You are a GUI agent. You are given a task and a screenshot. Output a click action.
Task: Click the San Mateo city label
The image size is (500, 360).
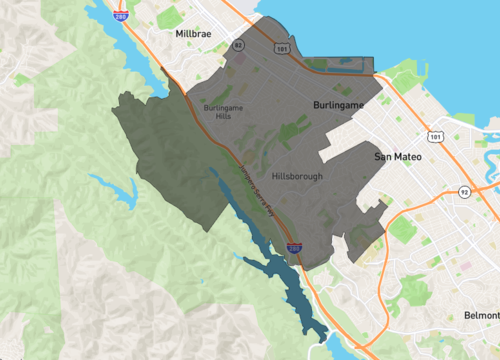pyautogui.click(x=399, y=157)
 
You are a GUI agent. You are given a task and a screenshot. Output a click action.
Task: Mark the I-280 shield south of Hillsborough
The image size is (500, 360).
pyautogui.click(x=294, y=245)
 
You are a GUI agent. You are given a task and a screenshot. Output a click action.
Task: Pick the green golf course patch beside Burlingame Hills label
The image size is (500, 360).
pyautogui.click(x=216, y=94)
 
